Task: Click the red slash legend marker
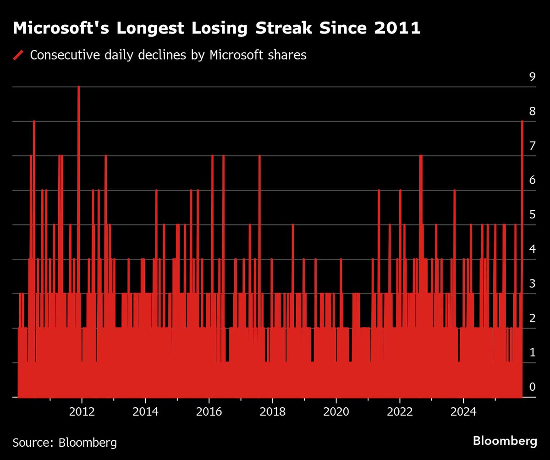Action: (x=18, y=55)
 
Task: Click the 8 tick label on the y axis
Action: (x=532, y=111)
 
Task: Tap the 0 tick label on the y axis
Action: (x=532, y=387)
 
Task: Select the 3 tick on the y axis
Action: (x=532, y=284)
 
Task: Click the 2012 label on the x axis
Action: (x=82, y=411)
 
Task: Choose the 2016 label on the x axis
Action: (x=209, y=411)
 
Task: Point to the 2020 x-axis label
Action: (x=336, y=411)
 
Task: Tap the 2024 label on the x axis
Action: (x=463, y=411)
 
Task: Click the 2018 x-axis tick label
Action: (x=272, y=411)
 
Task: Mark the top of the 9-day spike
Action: (x=78, y=87)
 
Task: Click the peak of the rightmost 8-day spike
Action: (x=522, y=121)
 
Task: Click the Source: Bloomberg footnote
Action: (x=65, y=443)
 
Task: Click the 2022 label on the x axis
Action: (x=400, y=411)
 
